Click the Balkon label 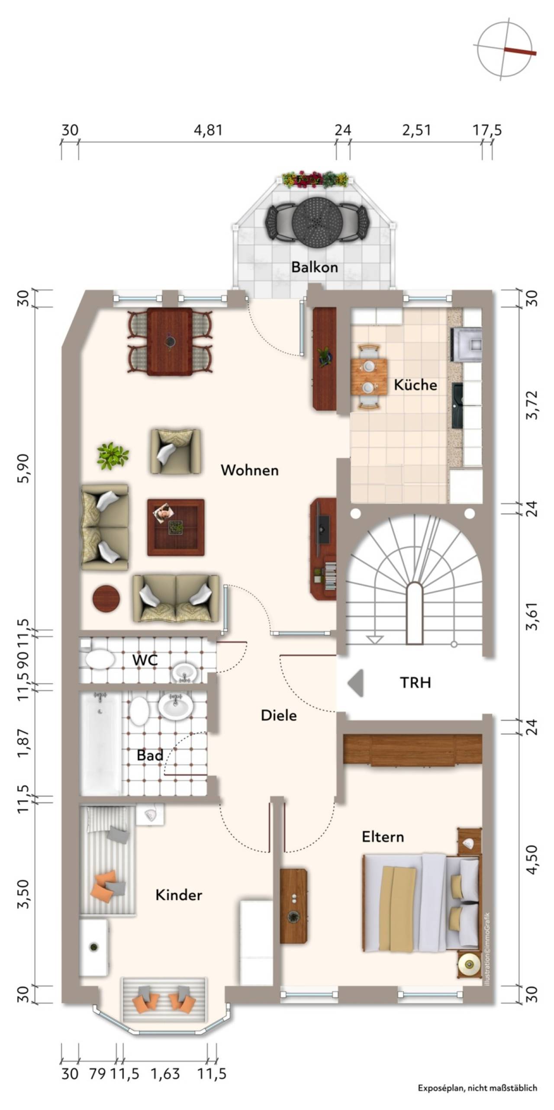[x=314, y=267]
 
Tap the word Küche [x=415, y=384]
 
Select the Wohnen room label [x=249, y=470]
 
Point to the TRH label [x=415, y=682]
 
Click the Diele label [x=279, y=715]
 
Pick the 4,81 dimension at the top [x=208, y=130]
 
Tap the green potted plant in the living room [x=113, y=455]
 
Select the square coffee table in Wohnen [x=176, y=527]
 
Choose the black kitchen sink [x=457, y=405]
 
